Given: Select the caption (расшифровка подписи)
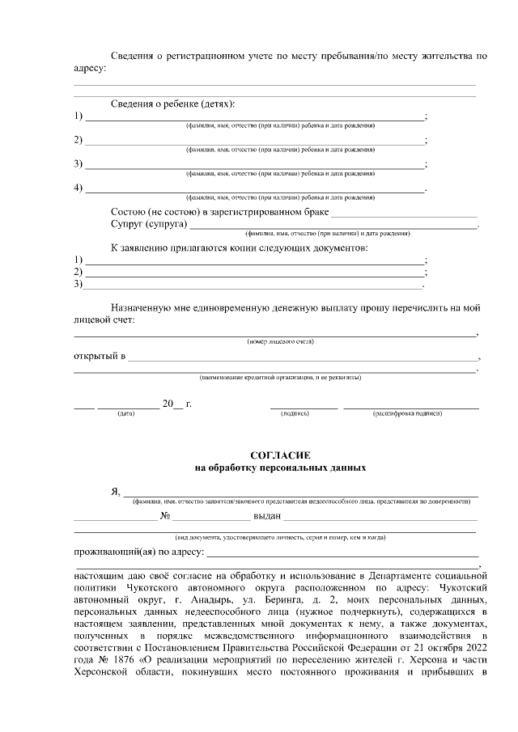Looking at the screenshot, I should point(407,413).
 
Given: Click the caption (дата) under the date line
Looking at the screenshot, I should point(125,413).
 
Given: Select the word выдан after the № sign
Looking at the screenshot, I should point(267,515).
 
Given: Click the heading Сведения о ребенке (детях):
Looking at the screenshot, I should point(172,104).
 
